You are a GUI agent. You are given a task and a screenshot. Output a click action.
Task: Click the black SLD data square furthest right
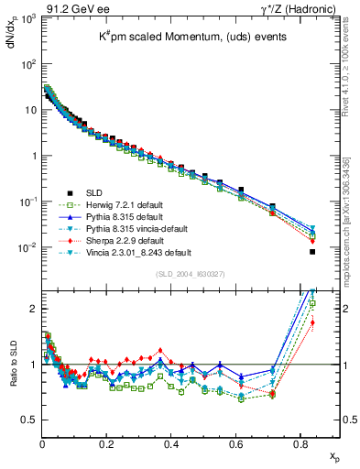pyautogui.click(x=312, y=252)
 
